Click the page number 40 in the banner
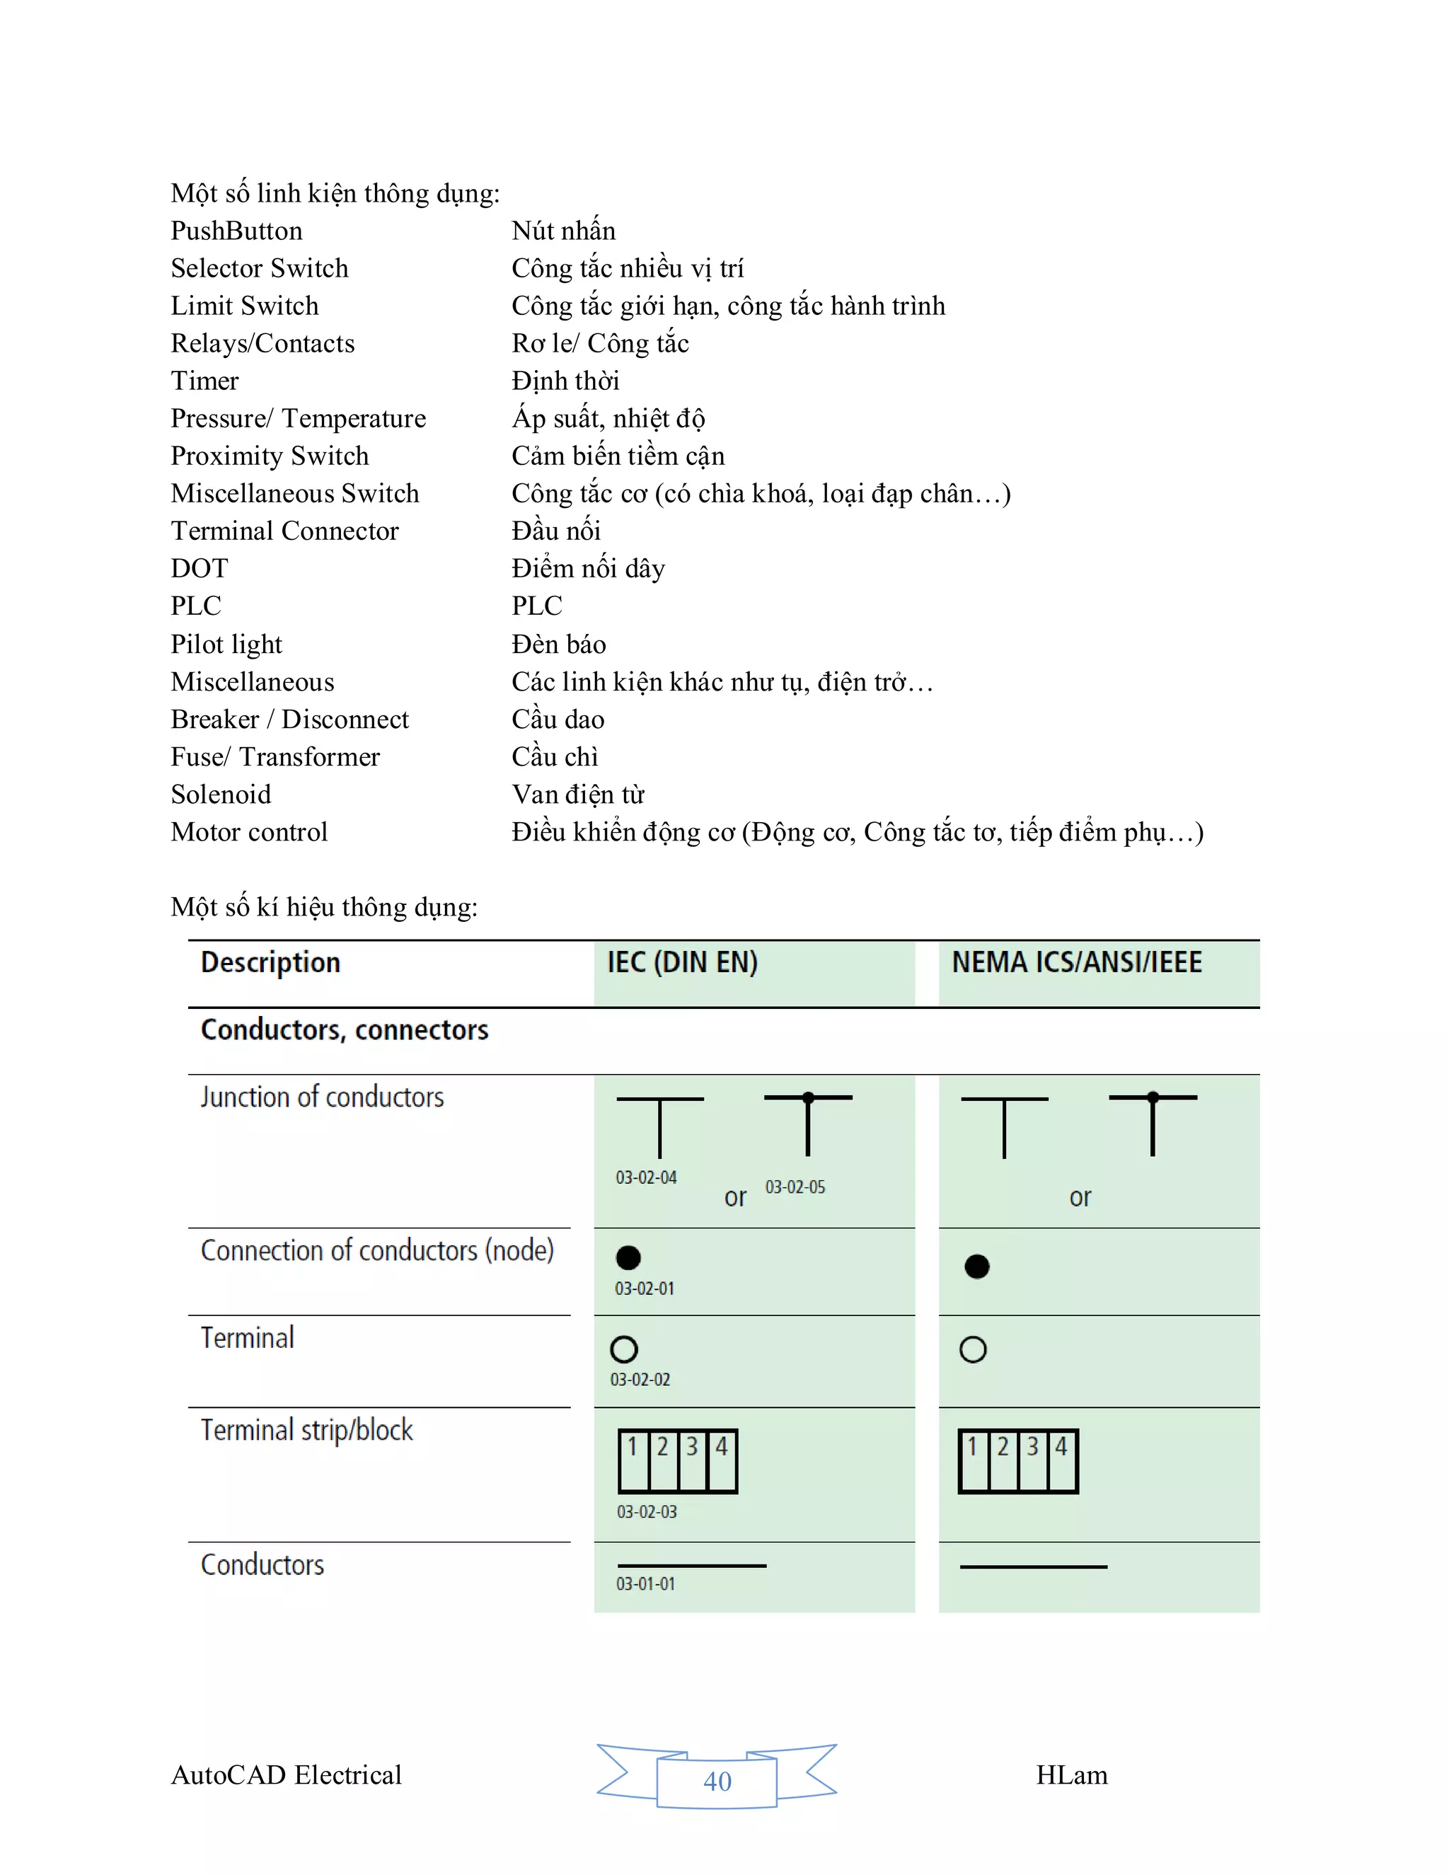[717, 1782]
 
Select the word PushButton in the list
[236, 231]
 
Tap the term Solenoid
[221, 794]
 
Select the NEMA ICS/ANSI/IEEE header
[1075, 962]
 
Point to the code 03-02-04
[645, 1177]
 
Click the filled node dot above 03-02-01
[628, 1258]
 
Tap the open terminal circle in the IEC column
[624, 1349]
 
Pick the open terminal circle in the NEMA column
[973, 1349]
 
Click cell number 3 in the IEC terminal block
[692, 1461]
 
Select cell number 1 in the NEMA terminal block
[974, 1461]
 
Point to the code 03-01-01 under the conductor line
[645, 1584]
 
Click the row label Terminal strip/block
[306, 1430]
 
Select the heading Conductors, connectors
[345, 1029]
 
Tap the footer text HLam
[1071, 1775]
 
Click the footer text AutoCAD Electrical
[286, 1775]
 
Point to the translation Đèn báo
[558, 644]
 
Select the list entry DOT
[199, 568]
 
